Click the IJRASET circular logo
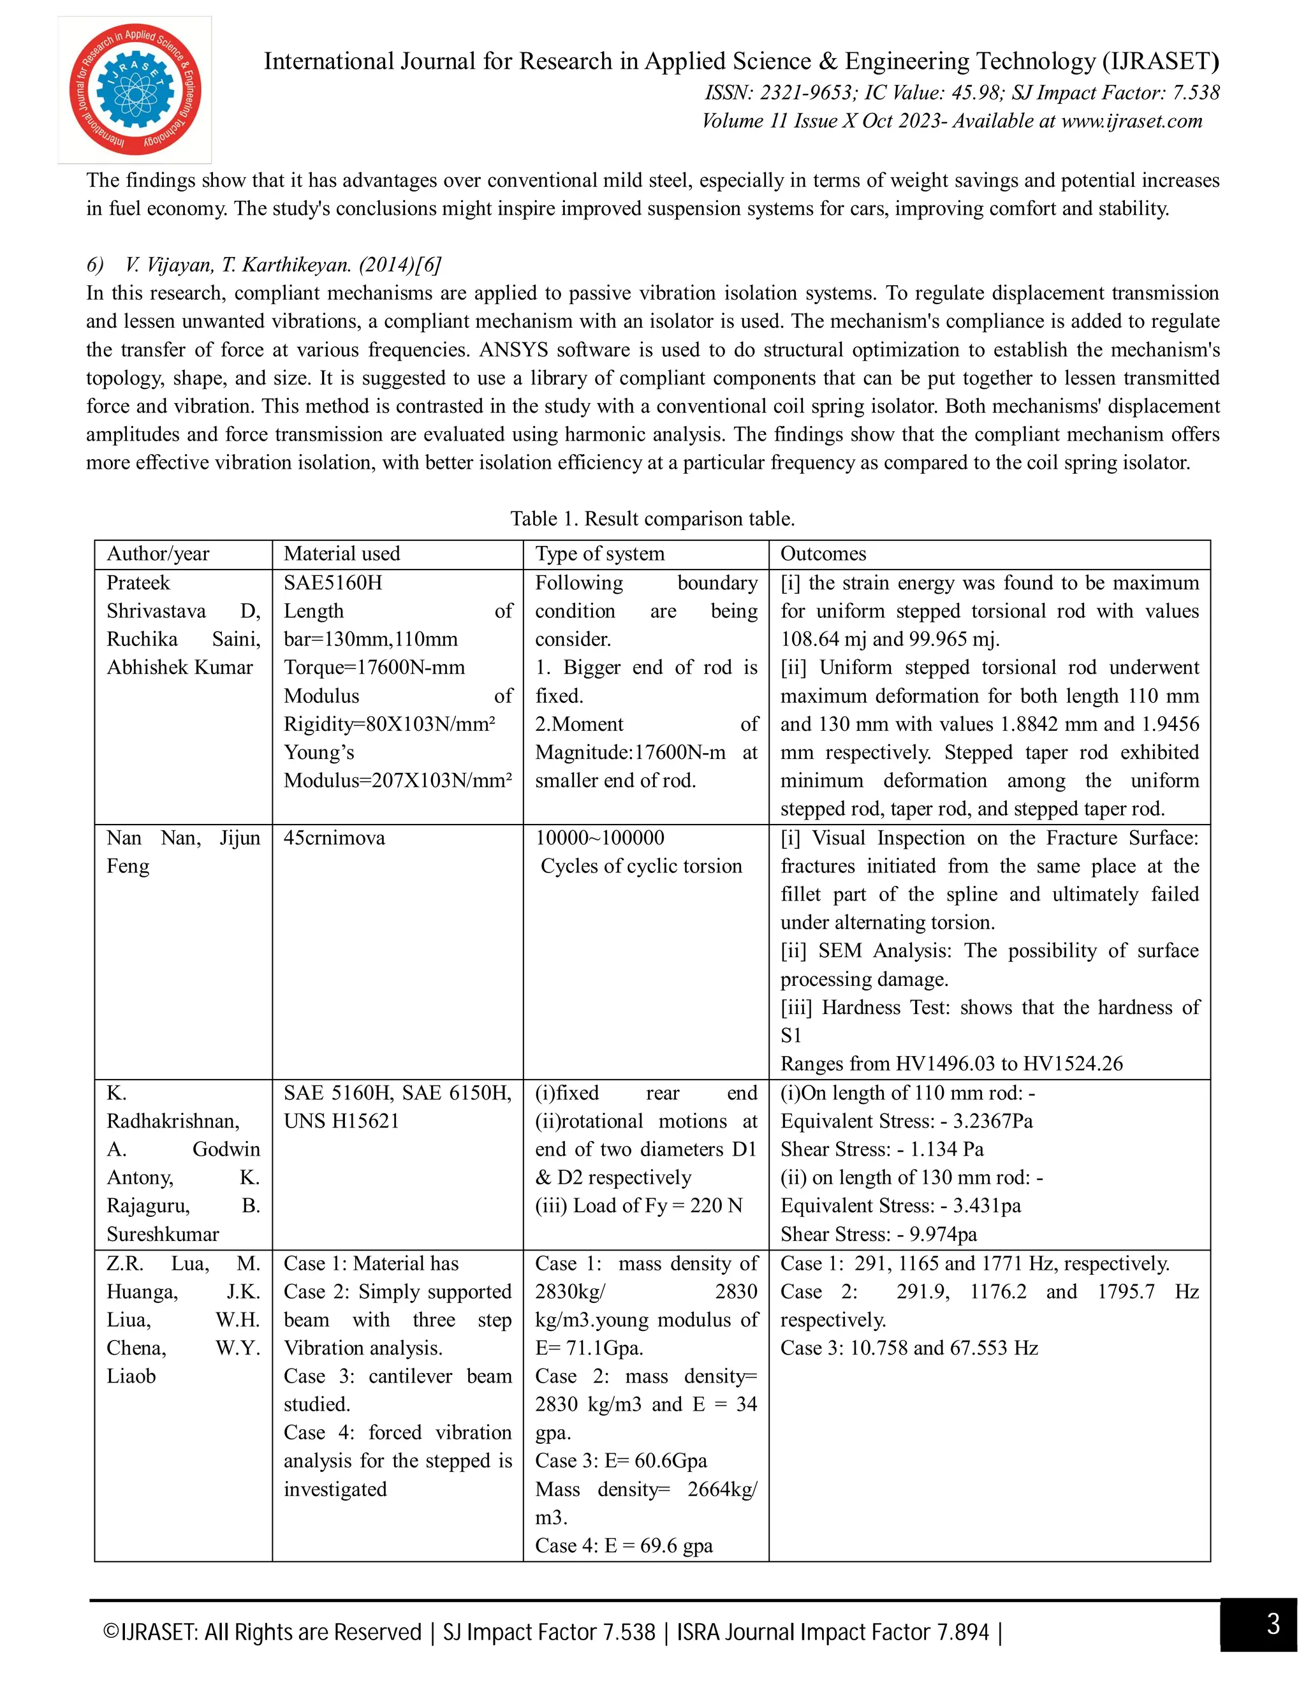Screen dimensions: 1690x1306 [x=135, y=89]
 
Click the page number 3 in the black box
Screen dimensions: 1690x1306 [x=1273, y=1624]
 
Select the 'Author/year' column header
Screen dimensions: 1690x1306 [x=158, y=554]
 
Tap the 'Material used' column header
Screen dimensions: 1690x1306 [x=341, y=554]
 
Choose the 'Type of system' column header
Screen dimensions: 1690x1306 [x=599, y=554]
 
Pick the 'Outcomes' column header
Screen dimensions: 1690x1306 [x=823, y=554]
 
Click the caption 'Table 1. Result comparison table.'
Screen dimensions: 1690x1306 [x=652, y=518]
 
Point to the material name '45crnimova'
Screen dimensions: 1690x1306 [x=334, y=838]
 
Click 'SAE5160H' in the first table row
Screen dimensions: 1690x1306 [x=333, y=583]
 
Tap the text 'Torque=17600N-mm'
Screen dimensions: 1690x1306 [x=374, y=667]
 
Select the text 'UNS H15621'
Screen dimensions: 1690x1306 [x=341, y=1121]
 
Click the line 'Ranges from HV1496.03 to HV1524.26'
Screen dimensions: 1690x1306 [x=951, y=1064]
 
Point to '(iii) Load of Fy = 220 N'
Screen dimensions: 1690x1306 [x=638, y=1205]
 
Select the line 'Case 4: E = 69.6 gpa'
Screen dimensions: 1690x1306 [x=624, y=1545]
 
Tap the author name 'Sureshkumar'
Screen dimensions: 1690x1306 [x=163, y=1234]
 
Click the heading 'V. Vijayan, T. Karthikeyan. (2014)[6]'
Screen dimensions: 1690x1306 [x=282, y=265]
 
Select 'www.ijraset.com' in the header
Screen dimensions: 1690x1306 [x=1131, y=121]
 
